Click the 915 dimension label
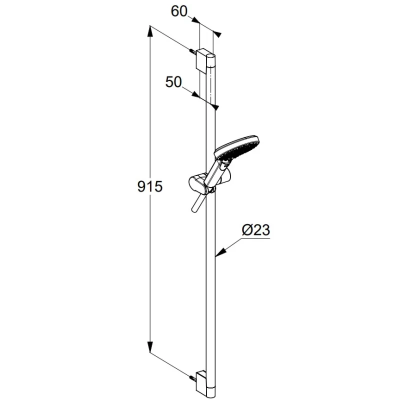(x=150, y=186)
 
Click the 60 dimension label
(x=179, y=11)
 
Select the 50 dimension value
(x=173, y=82)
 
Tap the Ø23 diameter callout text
(x=256, y=230)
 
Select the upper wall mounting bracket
(x=202, y=59)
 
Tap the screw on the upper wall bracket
(x=193, y=51)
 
